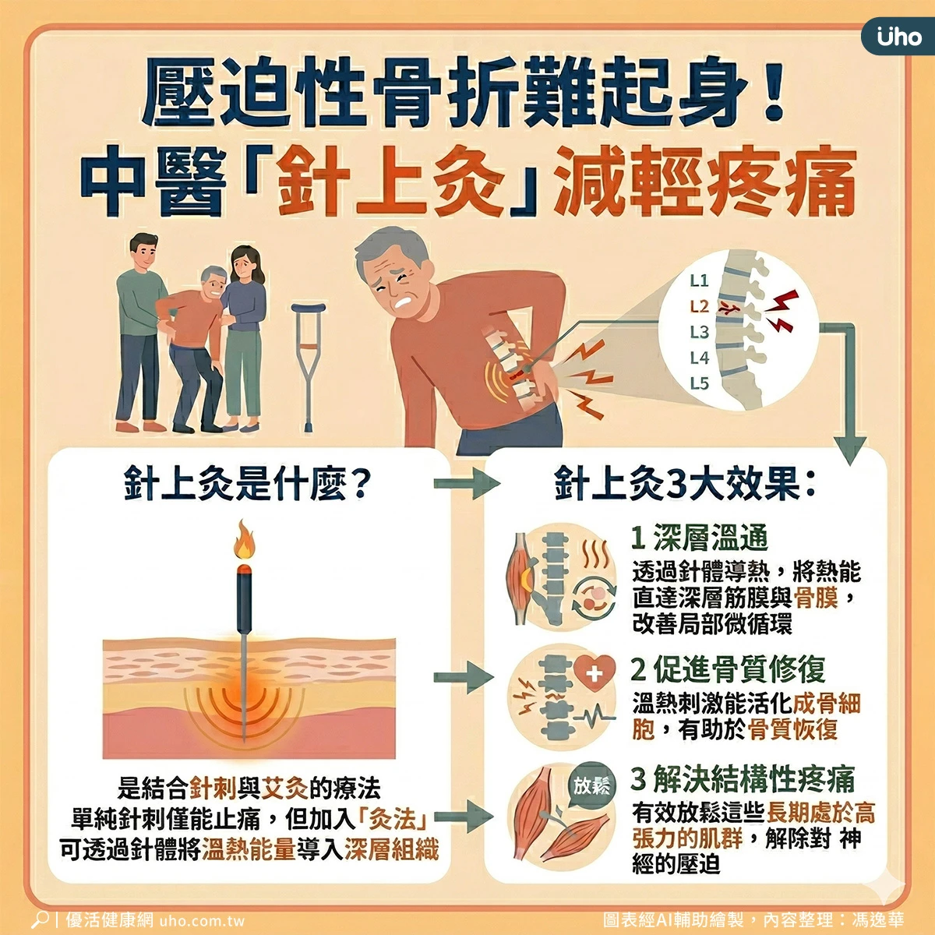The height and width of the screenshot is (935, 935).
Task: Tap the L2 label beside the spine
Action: point(699,306)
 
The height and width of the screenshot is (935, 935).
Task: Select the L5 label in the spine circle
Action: point(699,383)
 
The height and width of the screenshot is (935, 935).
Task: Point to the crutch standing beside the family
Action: point(308,367)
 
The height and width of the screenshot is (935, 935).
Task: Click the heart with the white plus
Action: point(595,673)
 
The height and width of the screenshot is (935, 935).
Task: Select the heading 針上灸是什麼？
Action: point(248,484)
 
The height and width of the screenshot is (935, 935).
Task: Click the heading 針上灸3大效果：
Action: point(685,484)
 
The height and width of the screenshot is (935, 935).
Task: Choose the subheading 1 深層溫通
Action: point(699,538)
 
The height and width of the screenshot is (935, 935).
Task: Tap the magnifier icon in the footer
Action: point(41,919)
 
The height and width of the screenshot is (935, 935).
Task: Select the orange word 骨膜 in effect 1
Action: point(816,598)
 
